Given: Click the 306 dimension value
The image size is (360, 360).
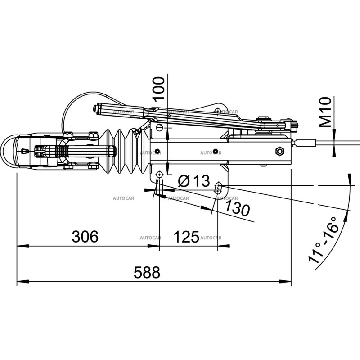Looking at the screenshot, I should (85, 236).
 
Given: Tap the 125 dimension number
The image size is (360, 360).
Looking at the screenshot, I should (186, 236).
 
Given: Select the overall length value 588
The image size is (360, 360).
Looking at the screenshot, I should (147, 272).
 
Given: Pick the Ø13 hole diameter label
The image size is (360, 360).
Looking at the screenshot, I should (194, 181).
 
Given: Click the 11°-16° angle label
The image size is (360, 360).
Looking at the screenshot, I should (323, 243).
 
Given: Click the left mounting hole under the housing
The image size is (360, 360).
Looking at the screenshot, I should (159, 175).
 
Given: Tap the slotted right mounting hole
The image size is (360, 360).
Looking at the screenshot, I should (219, 188).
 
